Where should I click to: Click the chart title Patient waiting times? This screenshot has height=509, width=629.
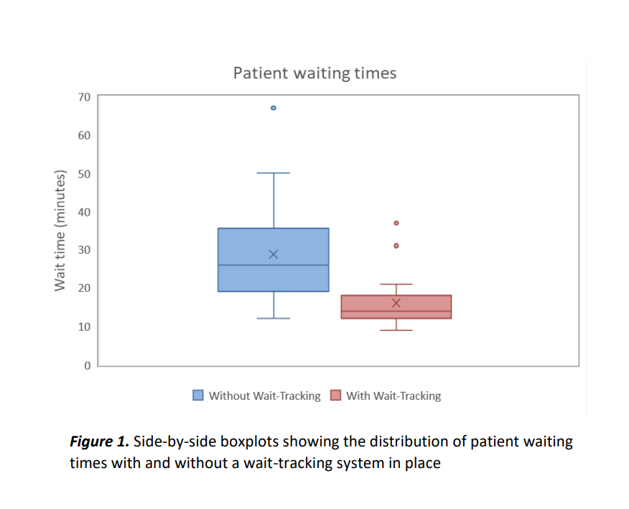point(314,73)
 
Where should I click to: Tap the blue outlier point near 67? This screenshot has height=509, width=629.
point(273,108)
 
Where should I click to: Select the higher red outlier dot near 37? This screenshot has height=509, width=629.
point(396,223)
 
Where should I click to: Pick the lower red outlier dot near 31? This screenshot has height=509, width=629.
point(396,246)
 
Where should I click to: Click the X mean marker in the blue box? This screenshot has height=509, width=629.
point(273,254)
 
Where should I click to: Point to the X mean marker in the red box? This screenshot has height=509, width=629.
point(396,303)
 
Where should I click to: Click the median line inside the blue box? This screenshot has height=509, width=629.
point(273,265)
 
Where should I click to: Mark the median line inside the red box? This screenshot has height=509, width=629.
point(396,311)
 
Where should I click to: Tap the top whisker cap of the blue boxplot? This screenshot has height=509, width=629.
point(273,173)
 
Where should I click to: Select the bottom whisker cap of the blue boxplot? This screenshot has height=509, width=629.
point(273,318)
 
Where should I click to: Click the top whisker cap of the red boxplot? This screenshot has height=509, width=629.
point(396,285)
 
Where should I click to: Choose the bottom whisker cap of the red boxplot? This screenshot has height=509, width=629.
point(396,330)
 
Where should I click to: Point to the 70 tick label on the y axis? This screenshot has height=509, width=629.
point(84,96)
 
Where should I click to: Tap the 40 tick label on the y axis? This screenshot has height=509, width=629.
point(84,212)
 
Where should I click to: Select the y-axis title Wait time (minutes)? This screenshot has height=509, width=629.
point(60,231)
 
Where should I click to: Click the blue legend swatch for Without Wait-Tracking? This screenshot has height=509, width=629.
point(198,395)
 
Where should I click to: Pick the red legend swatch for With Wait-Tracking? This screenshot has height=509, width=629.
point(335,395)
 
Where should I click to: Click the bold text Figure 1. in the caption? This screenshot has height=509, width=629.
point(99,441)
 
